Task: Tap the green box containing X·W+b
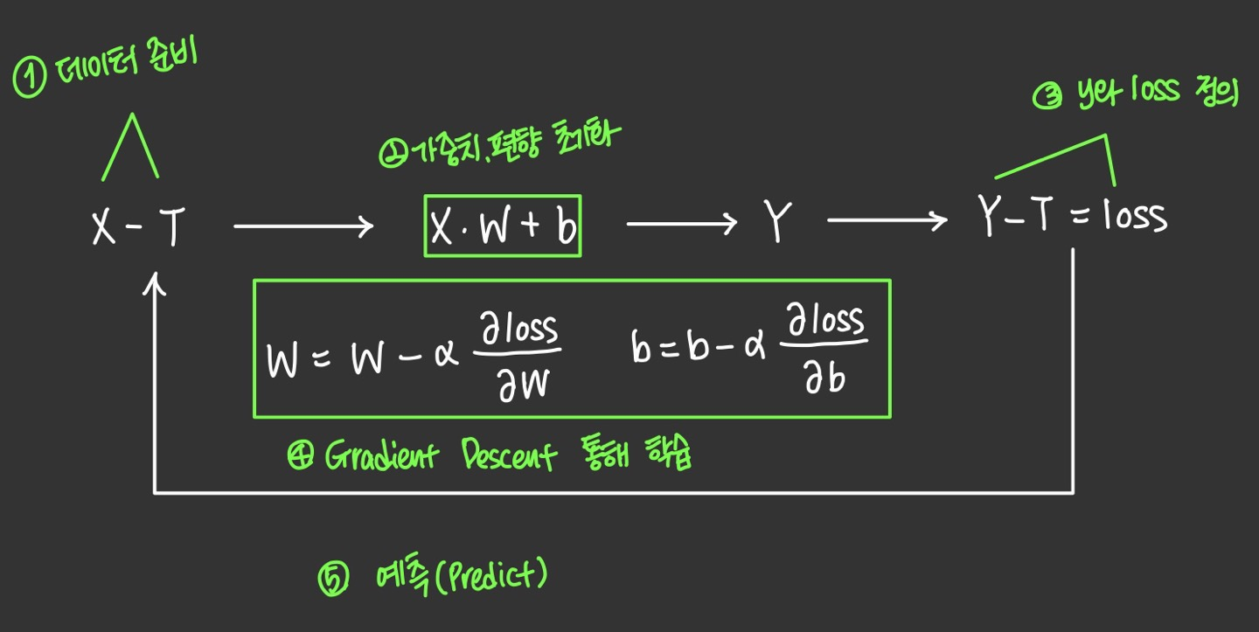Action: (503, 226)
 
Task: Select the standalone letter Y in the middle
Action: (776, 224)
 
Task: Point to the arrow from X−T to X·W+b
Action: (303, 228)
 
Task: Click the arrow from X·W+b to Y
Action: (682, 226)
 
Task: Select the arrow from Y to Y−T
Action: (887, 221)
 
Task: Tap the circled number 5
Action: (333, 580)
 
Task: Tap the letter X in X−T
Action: (105, 229)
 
